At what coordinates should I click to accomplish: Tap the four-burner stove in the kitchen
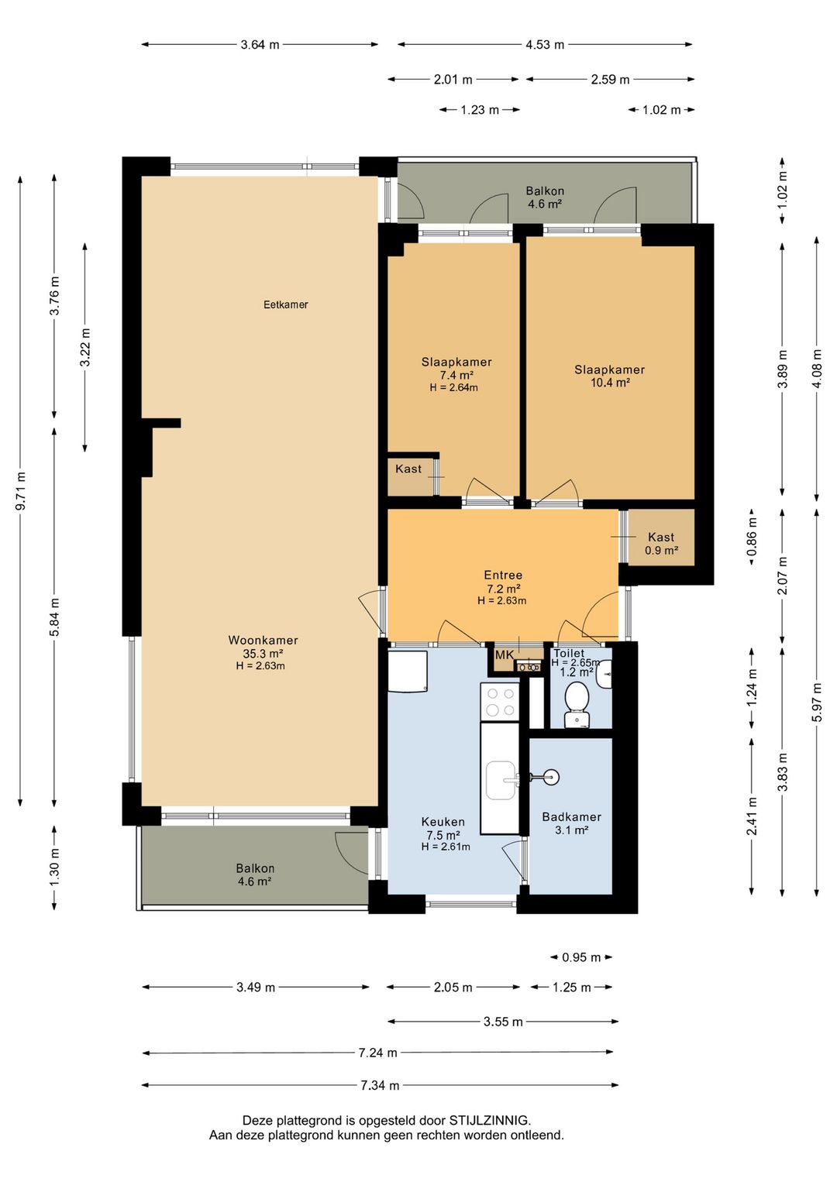click(499, 703)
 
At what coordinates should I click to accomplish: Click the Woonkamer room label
click(263, 640)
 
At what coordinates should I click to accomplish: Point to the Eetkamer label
click(286, 304)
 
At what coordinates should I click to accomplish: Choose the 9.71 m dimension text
click(21, 491)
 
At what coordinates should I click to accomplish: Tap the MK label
click(505, 655)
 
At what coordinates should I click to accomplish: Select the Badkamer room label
click(571, 817)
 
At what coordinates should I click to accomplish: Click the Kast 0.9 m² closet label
click(661, 544)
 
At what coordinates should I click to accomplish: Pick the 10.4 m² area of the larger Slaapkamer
click(610, 383)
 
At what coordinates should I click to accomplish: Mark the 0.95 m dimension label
click(581, 957)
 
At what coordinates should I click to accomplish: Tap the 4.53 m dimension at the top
click(545, 45)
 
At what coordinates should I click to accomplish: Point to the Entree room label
click(503, 576)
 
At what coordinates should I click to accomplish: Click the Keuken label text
click(443, 822)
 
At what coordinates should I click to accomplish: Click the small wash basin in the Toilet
click(604, 675)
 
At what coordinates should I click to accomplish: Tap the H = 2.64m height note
click(453, 388)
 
